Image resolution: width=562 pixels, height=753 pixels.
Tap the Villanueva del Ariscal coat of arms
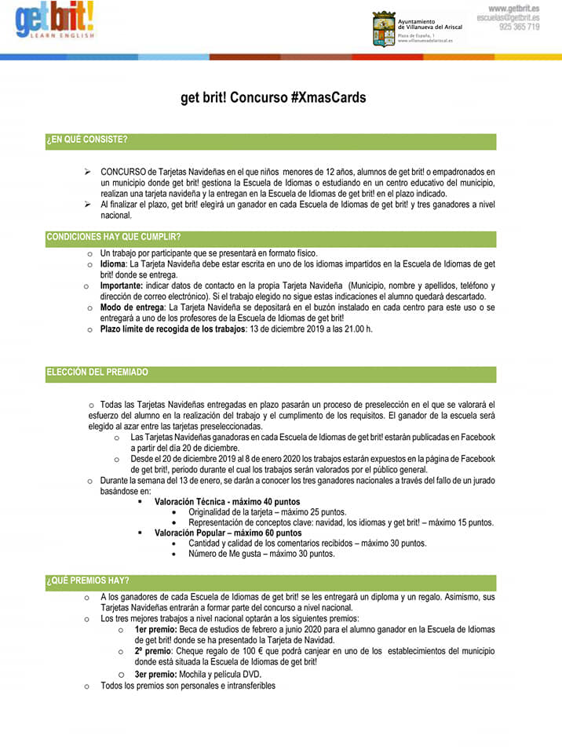[383, 27]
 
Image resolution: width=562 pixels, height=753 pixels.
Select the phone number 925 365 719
[519, 27]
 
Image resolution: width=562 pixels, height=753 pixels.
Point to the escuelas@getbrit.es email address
[508, 17]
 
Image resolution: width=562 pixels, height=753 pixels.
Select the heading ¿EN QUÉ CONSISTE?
[86, 140]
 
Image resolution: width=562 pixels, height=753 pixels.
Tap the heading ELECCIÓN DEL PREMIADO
[97, 372]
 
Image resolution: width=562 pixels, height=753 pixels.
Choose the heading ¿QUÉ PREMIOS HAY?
[88, 581]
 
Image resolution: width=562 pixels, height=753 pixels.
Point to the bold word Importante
[124, 286]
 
